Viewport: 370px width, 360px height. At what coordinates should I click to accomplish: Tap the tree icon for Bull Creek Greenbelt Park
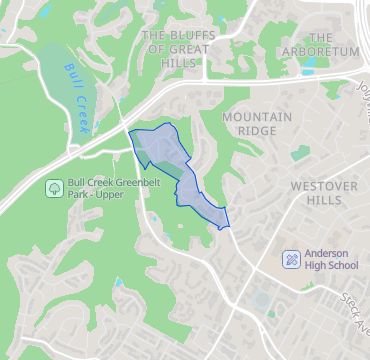(53, 186)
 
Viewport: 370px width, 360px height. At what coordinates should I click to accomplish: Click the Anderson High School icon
(291, 258)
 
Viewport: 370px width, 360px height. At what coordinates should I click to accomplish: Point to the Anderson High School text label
(331, 259)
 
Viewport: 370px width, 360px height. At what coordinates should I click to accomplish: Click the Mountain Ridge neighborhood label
(257, 124)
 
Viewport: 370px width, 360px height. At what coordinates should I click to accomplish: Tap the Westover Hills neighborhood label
(323, 193)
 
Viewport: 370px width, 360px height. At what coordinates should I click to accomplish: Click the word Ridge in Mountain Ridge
(257, 132)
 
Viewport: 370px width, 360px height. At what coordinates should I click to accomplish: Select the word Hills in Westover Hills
(323, 200)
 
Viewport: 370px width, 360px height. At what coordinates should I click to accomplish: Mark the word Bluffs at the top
(191, 35)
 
